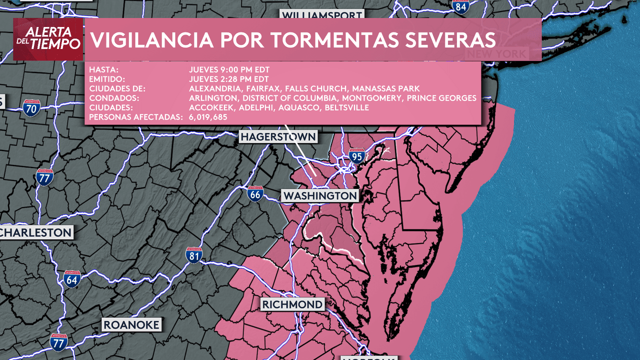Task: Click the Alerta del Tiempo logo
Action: click(x=48, y=39)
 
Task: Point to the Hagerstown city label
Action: click(x=278, y=137)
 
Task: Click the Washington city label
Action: click(x=320, y=195)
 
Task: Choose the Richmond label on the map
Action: click(x=292, y=304)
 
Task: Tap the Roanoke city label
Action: click(x=131, y=325)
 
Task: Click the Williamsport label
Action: click(x=321, y=15)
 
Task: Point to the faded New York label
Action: click(x=496, y=53)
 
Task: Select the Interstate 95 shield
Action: click(x=356, y=156)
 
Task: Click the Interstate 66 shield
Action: click(x=255, y=193)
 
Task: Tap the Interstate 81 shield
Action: click(x=194, y=256)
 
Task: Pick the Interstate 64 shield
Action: click(x=72, y=279)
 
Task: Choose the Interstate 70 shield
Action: click(x=31, y=108)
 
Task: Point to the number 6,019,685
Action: click(x=208, y=117)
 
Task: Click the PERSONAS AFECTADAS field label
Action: click(x=135, y=117)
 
